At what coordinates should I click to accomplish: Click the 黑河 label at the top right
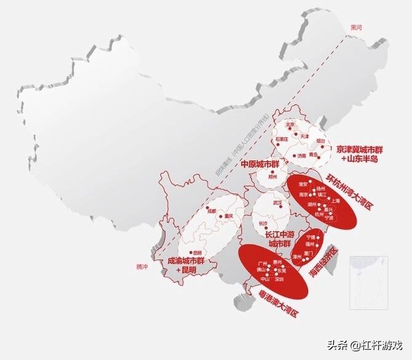357,28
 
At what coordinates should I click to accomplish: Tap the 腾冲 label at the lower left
143,266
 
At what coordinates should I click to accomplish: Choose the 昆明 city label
197,252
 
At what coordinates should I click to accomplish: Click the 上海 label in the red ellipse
335,200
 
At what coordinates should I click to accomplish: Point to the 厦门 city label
309,253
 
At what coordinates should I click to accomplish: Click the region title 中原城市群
259,164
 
